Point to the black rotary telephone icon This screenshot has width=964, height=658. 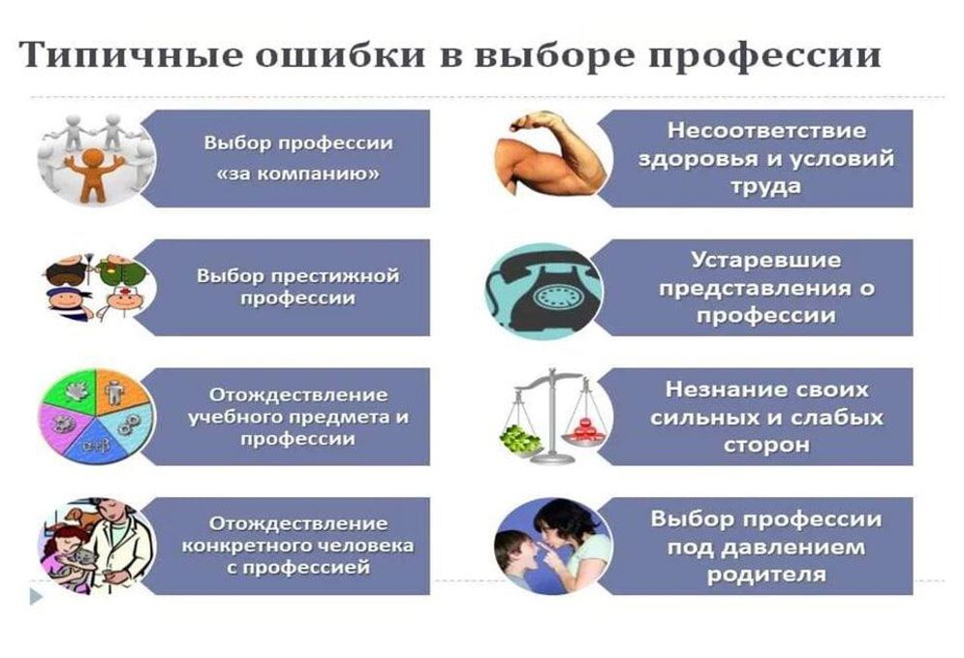[x=544, y=292]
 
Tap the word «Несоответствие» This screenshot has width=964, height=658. [x=765, y=132]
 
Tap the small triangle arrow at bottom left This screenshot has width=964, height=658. [x=36, y=596]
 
